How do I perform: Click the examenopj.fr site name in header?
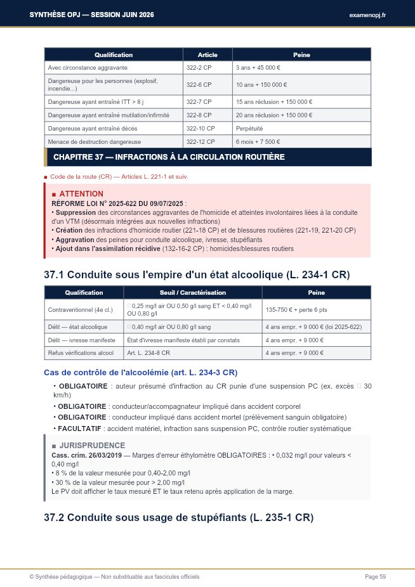(x=367, y=15)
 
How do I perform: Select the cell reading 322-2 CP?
(x=199, y=67)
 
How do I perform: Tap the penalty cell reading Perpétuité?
(x=250, y=128)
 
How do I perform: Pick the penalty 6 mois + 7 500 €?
(x=257, y=141)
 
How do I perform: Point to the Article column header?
(x=208, y=55)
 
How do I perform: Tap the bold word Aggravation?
(x=74, y=240)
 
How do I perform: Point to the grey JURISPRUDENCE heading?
(x=92, y=446)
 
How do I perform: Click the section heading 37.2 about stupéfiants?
(x=179, y=517)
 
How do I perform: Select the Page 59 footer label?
(x=375, y=576)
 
